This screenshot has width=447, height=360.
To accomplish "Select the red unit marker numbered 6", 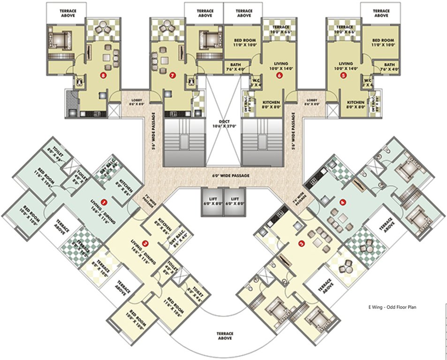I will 279,74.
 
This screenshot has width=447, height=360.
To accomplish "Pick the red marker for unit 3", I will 302,243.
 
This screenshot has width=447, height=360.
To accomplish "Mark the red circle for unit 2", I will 145,243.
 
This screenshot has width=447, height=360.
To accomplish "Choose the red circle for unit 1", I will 104,202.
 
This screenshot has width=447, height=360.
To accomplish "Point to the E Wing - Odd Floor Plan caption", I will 392,307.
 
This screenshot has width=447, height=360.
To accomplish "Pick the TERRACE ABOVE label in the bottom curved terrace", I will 225,336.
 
